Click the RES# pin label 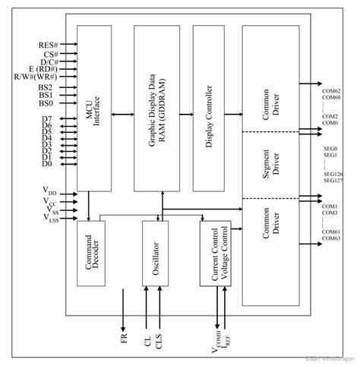click(x=49, y=45)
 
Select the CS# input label click(x=51, y=55)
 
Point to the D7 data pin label click(x=47, y=119)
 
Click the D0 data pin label click(x=47, y=163)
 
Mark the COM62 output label click(x=331, y=90)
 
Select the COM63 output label click(x=331, y=239)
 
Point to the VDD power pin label click(x=49, y=189)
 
